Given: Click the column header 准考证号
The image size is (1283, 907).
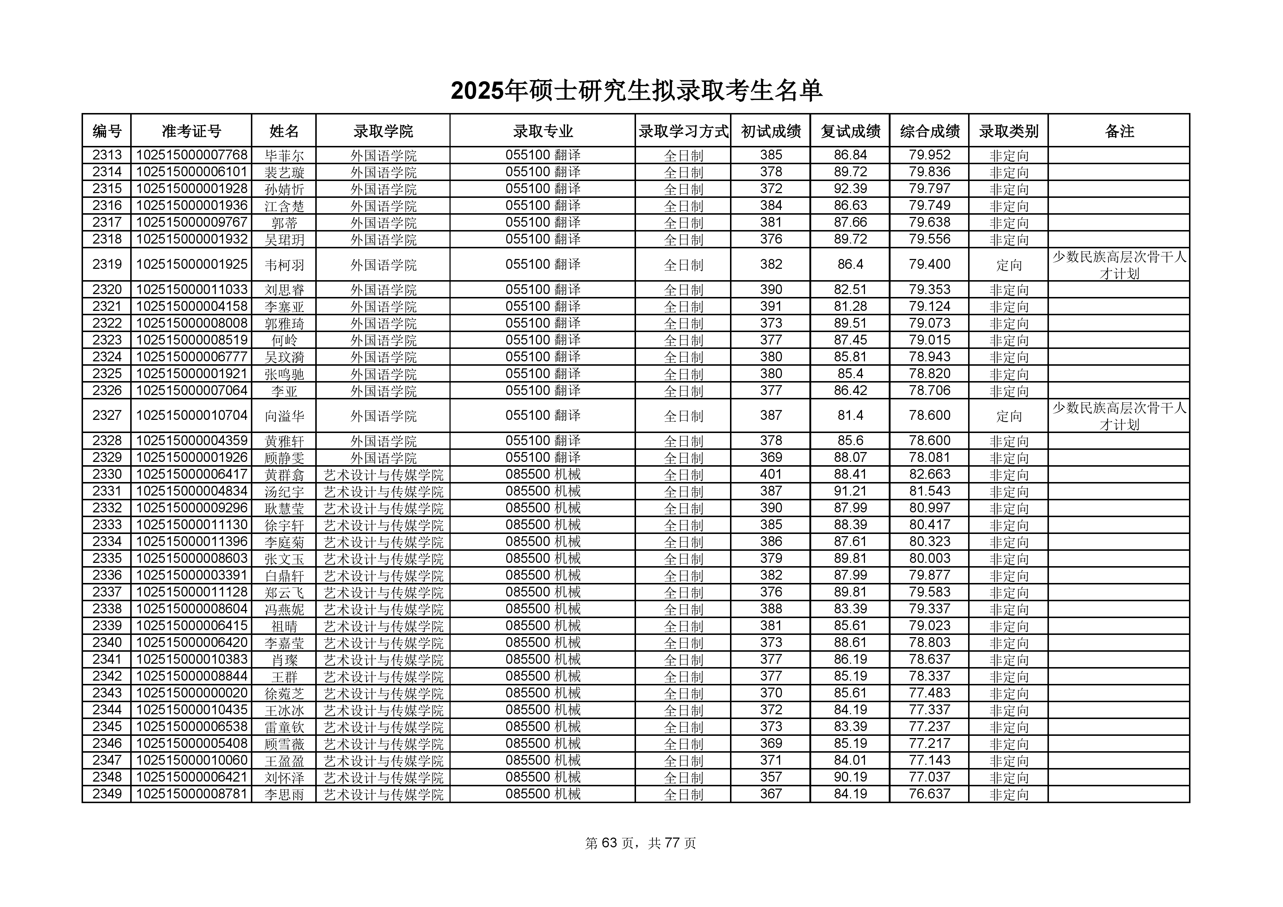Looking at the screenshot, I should [x=191, y=131].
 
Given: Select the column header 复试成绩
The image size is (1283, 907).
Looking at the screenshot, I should [x=850, y=131].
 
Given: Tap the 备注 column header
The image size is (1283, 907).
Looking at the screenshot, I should [x=1119, y=131].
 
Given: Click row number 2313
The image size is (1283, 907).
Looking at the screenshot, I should [x=107, y=155].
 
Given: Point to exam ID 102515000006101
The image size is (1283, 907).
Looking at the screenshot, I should [x=191, y=172].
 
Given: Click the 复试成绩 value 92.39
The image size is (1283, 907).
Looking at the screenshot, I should [x=850, y=189].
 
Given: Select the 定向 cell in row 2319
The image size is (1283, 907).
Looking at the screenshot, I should [x=1009, y=265].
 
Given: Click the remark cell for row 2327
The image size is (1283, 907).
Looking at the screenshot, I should [x=1119, y=416].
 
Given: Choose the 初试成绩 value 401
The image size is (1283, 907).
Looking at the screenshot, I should [x=771, y=474].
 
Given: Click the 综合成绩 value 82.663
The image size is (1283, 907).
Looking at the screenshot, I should [x=929, y=474].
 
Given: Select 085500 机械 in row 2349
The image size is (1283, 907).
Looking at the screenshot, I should [x=543, y=794].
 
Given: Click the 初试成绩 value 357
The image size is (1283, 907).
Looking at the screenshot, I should [x=771, y=777].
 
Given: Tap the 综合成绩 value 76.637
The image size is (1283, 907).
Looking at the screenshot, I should [x=929, y=794].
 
